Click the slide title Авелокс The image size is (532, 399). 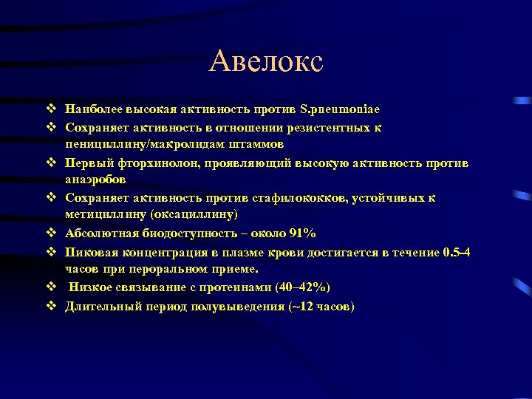click(266, 61)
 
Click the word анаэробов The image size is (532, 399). click(95, 180)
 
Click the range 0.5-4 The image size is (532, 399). click(457, 252)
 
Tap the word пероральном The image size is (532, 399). click(177, 270)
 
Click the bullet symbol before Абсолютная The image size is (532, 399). click(51, 233)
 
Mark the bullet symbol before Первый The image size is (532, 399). click(51, 163)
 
